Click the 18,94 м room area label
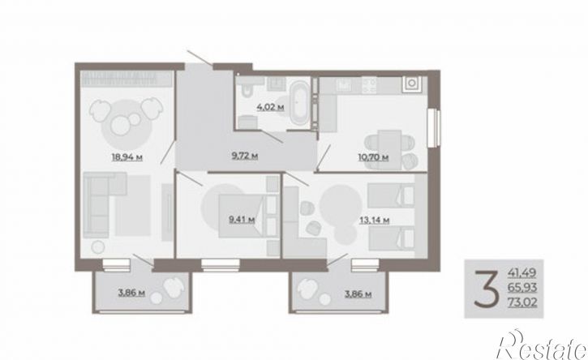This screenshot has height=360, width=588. pos(127,157)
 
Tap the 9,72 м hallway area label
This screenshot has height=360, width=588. pos(245,156)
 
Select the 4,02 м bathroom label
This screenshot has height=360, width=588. pos(270,107)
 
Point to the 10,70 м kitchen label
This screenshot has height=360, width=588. pos(374,157)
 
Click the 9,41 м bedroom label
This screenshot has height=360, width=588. pos(242,220)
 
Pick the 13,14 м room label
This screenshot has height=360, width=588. pos(374,220)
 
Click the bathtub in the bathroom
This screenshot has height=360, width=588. pos(300,104)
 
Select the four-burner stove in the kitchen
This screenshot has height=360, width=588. pos(369,85)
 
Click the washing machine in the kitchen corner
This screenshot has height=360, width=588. pos(412,84)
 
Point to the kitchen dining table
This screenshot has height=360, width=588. pos(389,149)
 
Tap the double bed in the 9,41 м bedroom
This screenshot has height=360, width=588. pos(248,216)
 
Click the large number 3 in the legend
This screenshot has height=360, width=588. pos(487,289)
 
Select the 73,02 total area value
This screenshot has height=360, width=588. pos(522,302)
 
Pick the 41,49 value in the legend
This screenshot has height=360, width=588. pos(522,272)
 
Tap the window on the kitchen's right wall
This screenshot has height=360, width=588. pos(435,128)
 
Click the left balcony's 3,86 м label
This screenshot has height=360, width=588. pos(131,293)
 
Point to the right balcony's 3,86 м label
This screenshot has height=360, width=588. pos(358,294)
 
